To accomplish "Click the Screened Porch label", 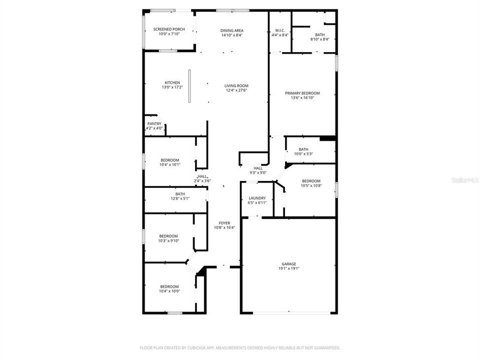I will pos(169,29).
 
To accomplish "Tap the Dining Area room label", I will pos(232,30).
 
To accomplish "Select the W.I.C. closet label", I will pos(279,30).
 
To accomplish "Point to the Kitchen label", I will pos(172,83).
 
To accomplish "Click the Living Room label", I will pos(236,86).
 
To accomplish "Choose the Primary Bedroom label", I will pos(302,93).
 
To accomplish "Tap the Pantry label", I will pos(154,124).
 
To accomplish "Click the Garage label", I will pos(288,264).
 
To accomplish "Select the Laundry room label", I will pos(257,198).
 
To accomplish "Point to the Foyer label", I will pos(224,222).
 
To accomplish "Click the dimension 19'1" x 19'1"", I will pos(288,268).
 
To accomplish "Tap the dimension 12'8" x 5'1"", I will pos(180,198).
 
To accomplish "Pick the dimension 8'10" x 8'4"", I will pos(319,39).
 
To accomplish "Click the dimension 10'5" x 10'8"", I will pos(311,185).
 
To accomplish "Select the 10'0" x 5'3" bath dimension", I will pos(303,153).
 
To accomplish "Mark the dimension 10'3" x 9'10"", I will pos(168,240).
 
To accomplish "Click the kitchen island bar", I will pos(189,85).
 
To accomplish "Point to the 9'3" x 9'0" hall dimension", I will pos(258,172).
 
